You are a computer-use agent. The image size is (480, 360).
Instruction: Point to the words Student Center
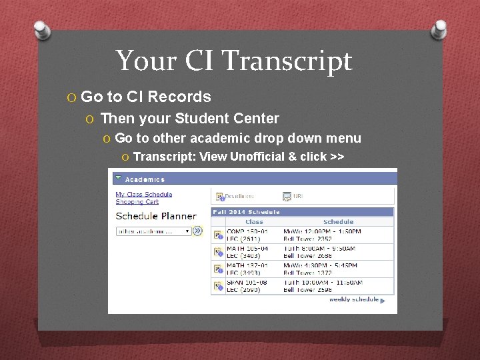point(227,119)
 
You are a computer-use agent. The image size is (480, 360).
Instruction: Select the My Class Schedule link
point(144,195)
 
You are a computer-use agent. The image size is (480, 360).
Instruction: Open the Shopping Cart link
point(137,202)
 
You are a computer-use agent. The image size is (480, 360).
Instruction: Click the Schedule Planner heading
point(156,216)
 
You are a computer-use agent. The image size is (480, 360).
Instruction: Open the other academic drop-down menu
point(154,231)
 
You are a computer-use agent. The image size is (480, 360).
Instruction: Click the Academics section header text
point(145,179)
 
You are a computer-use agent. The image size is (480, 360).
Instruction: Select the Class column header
point(254,221)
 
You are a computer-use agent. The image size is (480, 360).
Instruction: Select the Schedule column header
point(338,221)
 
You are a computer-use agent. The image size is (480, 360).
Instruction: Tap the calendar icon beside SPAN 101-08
point(217,285)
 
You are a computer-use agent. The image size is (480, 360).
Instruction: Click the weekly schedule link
point(354,299)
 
